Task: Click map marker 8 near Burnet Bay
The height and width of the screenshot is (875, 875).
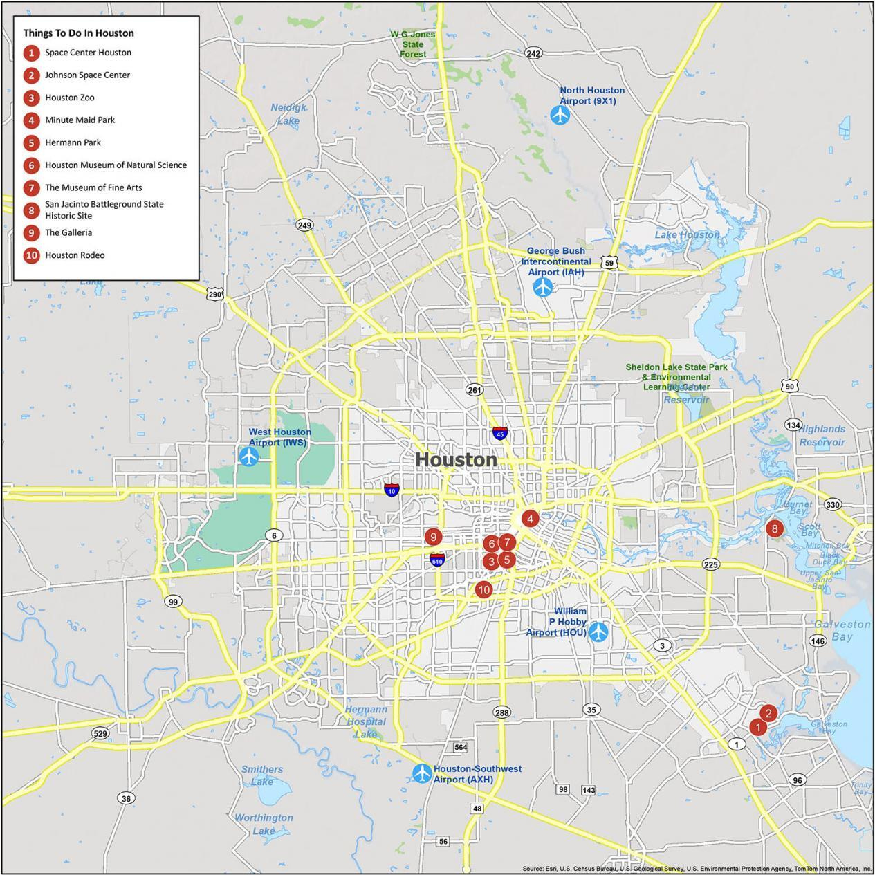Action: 774,528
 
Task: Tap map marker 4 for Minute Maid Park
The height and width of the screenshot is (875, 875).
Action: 530,518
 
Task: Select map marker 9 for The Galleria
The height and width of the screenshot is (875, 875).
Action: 433,537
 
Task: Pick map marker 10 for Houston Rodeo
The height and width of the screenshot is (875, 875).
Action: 483,589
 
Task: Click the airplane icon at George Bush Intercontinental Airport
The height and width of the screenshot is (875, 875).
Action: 543,286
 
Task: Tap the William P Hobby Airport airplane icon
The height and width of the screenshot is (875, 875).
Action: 598,632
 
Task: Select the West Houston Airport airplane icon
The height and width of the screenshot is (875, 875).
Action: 248,457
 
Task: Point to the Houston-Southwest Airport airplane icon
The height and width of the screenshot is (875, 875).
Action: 422,773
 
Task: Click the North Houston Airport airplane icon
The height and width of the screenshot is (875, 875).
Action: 560,115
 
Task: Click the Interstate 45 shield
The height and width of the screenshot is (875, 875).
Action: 499,433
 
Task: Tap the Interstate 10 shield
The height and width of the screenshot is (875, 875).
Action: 392,490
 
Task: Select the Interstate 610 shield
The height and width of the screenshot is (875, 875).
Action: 437,560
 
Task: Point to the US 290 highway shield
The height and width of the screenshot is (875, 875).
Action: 214,294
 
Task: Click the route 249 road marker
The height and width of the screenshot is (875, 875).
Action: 304,225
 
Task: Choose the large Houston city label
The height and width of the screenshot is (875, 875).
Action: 456,459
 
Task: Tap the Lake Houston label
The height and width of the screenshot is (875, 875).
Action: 686,234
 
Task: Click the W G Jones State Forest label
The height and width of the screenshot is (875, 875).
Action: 413,44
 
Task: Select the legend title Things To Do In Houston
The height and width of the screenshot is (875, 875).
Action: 78,33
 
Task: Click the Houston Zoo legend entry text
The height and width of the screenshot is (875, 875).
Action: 70,98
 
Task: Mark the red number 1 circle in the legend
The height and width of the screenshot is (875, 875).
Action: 31,53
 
